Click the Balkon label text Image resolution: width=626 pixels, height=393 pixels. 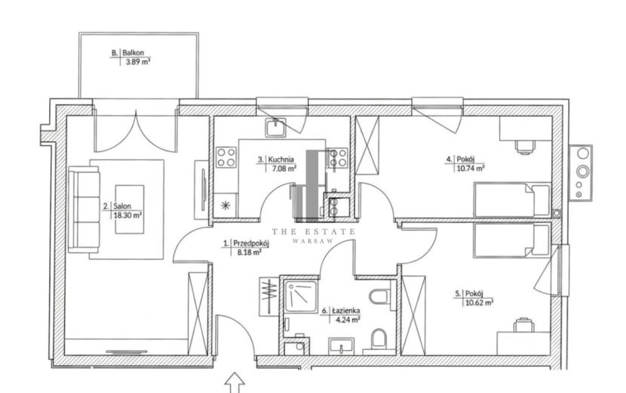(133, 52)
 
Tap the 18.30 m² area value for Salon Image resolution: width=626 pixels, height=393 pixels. (127, 215)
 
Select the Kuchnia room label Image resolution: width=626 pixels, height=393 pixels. (281, 159)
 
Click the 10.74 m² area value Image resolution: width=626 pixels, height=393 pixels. (471, 168)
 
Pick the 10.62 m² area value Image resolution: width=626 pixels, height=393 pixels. (479, 302)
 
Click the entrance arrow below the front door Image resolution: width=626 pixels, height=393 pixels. (235, 382)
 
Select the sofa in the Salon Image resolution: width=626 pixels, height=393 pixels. (84, 209)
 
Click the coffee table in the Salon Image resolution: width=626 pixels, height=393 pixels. (130, 209)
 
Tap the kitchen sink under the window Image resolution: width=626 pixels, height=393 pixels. (275, 128)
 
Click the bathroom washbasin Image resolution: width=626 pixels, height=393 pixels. (342, 346)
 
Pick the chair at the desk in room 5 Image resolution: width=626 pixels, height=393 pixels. (523, 324)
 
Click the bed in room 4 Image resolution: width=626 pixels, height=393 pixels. (512, 200)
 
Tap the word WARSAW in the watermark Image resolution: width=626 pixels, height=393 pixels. (314, 241)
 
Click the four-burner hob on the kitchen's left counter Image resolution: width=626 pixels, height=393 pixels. (226, 157)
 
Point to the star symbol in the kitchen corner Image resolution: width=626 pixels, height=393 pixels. (226, 206)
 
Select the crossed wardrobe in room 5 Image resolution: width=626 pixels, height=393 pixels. (413, 315)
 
